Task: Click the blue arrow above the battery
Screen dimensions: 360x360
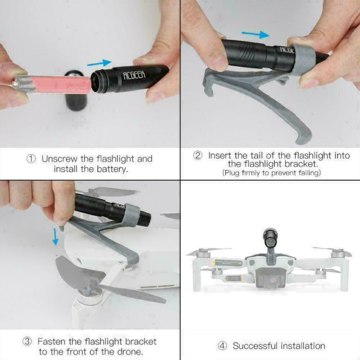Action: (99, 63)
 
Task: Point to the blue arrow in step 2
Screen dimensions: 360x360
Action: (256, 35)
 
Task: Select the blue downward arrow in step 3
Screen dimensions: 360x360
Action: (55, 237)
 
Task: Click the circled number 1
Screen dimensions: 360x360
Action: (31, 159)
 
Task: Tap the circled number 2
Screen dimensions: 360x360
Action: (198, 155)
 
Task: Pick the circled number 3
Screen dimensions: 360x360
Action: (27, 342)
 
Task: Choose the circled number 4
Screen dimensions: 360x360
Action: (222, 346)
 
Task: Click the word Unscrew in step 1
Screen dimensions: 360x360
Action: (59, 159)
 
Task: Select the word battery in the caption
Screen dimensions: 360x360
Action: (112, 170)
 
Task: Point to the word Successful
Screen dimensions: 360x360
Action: (255, 346)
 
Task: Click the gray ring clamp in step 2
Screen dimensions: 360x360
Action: (301, 60)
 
